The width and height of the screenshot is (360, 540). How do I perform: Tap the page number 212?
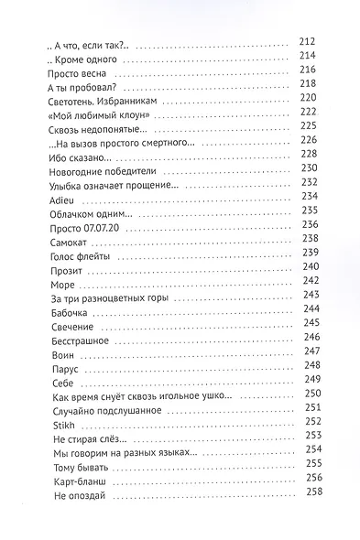tap(308, 41)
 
